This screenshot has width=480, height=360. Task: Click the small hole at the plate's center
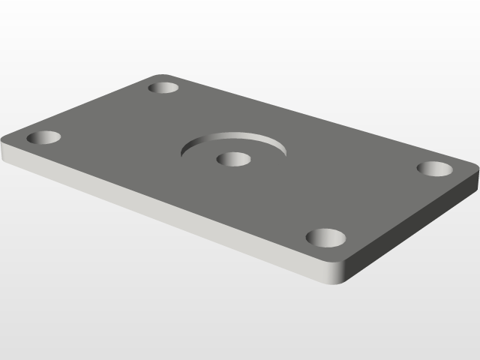pos(233,159)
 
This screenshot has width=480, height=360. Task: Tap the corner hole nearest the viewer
pos(326,238)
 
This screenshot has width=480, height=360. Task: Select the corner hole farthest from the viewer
pos(163,88)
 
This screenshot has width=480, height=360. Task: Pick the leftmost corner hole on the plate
pos(43,138)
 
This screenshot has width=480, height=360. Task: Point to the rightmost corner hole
pos(435,168)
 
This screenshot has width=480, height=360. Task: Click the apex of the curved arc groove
pos(234,135)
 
